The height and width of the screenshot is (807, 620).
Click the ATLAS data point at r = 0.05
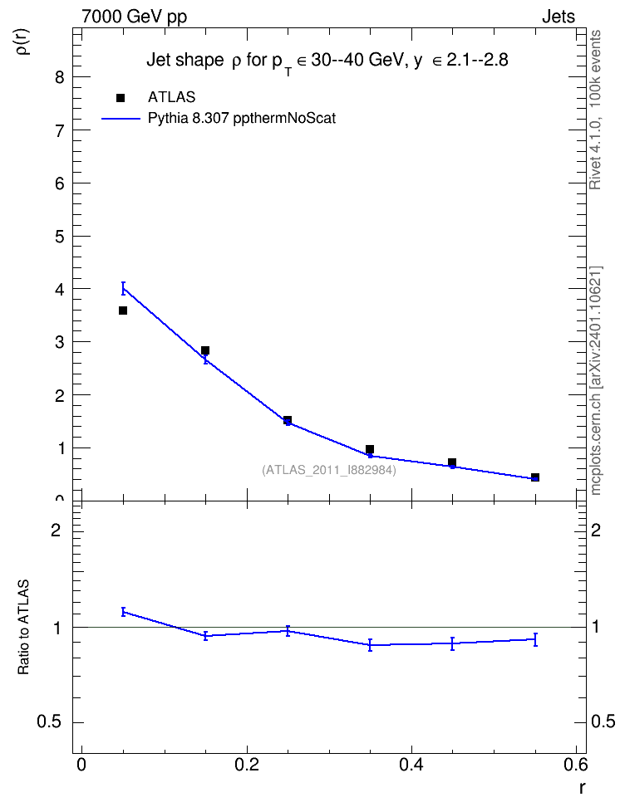pyautogui.click(x=123, y=311)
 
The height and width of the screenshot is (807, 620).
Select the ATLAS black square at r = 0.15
pyautogui.click(x=205, y=350)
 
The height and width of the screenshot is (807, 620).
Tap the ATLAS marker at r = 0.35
pyautogui.click(x=370, y=449)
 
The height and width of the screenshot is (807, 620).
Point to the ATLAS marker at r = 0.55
pyautogui.click(x=535, y=477)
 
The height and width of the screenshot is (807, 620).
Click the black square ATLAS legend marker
pyautogui.click(x=121, y=98)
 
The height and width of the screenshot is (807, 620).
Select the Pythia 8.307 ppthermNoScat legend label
pyautogui.click(x=242, y=119)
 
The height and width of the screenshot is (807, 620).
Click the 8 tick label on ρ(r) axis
pyautogui.click(x=61, y=77)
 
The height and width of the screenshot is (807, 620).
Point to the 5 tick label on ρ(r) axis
pyautogui.click(x=61, y=237)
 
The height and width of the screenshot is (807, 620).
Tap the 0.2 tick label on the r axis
pyautogui.click(x=247, y=765)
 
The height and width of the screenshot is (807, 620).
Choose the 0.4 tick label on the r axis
pyautogui.click(x=411, y=765)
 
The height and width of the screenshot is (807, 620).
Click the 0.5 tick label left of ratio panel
pyautogui.click(x=50, y=722)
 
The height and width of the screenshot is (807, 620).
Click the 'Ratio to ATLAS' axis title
pyautogui.click(x=24, y=627)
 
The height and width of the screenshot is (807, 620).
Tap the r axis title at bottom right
pyautogui.click(x=582, y=787)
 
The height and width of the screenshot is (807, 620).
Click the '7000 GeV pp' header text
pyautogui.click(x=134, y=17)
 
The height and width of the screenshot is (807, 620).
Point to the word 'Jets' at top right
pyautogui.click(x=558, y=17)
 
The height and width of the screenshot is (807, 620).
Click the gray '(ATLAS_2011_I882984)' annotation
pyautogui.click(x=329, y=470)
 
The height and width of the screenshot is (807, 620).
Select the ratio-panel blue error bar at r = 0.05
pyautogui.click(x=123, y=611)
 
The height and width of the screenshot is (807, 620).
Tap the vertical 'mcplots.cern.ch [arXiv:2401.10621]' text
pyautogui.click(x=596, y=381)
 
